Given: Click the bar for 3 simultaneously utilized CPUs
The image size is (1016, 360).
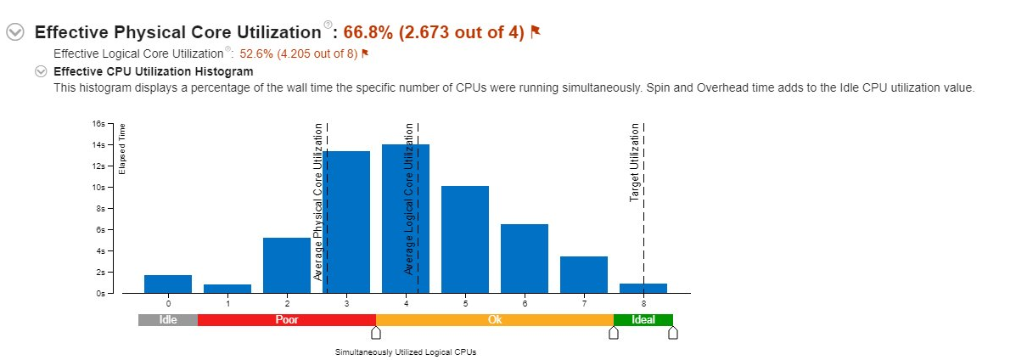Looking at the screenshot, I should click(346, 222).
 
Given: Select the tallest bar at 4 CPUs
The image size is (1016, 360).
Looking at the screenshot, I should click(406, 219).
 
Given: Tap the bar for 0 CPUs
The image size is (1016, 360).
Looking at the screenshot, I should click(168, 284).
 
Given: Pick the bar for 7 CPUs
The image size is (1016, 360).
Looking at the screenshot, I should click(584, 275).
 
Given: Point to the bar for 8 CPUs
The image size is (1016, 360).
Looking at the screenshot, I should click(643, 289).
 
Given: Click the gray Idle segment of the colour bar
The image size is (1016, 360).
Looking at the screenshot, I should click(168, 320).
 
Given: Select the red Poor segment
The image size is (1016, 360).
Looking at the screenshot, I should click(287, 320).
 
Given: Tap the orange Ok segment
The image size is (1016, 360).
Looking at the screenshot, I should click(495, 320).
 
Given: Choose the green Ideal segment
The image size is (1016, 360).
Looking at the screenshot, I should click(643, 320).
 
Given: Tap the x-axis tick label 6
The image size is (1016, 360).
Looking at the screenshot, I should click(525, 303).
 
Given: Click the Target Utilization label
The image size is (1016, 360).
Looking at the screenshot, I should click(634, 163).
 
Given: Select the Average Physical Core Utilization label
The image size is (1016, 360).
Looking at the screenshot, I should click(318, 202).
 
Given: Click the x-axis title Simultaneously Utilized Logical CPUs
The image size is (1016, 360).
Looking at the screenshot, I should click(406, 352).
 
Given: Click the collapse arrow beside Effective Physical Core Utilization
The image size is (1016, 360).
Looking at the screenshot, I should click(15, 32).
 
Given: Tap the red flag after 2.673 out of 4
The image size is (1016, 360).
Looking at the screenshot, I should click(536, 32).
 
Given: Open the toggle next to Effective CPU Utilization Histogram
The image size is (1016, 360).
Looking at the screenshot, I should click(40, 71).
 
